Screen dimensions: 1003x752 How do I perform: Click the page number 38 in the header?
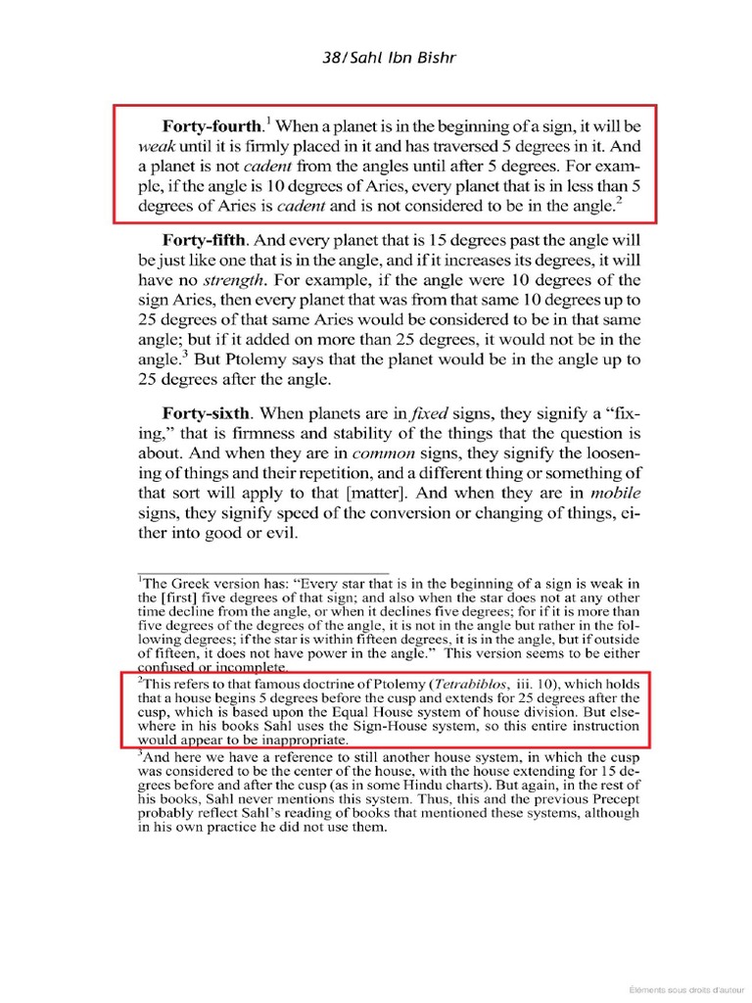point(332,57)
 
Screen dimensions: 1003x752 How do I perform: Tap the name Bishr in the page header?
point(437,57)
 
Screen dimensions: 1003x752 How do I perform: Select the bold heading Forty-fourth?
point(213,127)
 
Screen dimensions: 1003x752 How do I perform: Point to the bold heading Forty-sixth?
point(206,413)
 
